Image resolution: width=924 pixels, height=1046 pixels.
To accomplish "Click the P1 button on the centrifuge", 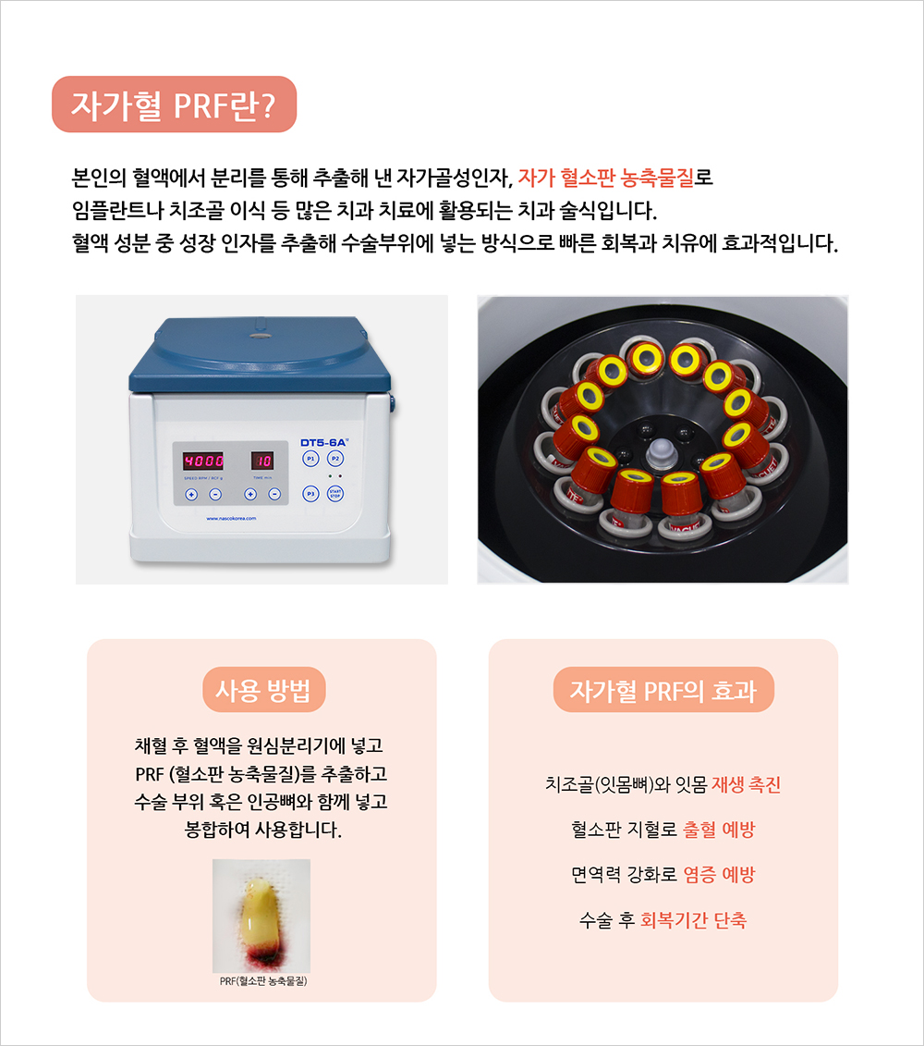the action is coord(310,459).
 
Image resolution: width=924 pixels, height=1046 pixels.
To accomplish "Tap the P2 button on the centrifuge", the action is coord(335,459).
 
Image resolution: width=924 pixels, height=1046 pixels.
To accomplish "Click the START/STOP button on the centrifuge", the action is coord(335,494).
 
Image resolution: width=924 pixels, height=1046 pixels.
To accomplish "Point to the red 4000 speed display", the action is coord(203,461).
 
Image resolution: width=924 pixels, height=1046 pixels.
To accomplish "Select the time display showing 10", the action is coord(262,461).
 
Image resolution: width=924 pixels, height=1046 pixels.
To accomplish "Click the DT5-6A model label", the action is coord(324,442).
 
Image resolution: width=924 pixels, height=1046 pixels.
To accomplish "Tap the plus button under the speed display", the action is coord(191,494).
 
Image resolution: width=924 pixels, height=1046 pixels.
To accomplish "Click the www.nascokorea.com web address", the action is coord(231,518).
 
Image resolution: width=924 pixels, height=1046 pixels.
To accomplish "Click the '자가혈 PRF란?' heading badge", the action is coord(174,105).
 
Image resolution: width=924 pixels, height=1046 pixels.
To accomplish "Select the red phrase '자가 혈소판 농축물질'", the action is coord(606,178).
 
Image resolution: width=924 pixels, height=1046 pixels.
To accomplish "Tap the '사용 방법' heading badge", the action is coord(264,690).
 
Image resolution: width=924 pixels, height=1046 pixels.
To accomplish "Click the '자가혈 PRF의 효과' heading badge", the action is coord(663,690).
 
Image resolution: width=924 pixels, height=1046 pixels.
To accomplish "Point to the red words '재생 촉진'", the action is coord(746,784).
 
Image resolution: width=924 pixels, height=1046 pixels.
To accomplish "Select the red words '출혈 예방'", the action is coord(719,830).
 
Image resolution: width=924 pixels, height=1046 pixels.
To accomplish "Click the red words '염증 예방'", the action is coord(719,875).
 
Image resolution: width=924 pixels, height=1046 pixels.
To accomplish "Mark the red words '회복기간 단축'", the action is coord(693,920).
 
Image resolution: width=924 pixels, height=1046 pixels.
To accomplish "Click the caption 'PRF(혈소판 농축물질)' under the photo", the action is coord(263,980).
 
